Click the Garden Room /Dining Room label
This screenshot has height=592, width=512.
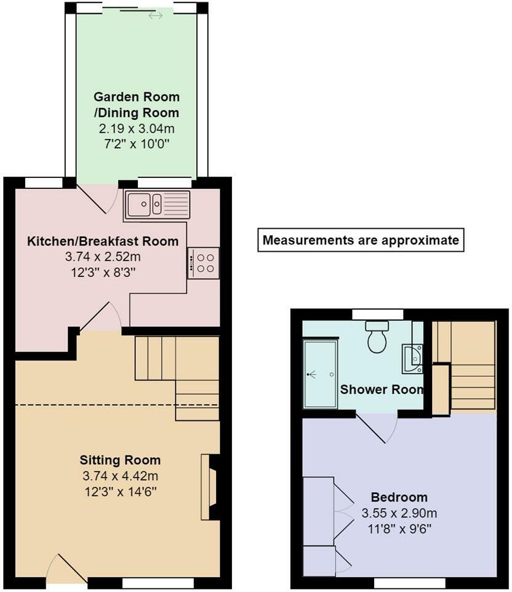point(136,105)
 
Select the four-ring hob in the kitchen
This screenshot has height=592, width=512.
point(204,263)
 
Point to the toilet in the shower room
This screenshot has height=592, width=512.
point(377,337)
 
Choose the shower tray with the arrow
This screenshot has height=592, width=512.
point(320,374)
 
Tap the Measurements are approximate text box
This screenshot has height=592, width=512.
point(361,240)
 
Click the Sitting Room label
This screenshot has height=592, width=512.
point(120,460)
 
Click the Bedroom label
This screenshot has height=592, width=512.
point(399,497)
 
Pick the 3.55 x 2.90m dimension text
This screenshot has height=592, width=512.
point(399,513)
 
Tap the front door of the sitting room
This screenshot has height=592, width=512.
point(66,569)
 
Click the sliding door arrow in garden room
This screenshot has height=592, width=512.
point(155,15)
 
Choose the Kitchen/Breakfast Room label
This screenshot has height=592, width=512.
point(103,241)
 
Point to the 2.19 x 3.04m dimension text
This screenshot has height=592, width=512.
point(136,129)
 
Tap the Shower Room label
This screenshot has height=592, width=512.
point(382,390)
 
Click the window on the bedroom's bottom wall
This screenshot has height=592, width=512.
point(410,583)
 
